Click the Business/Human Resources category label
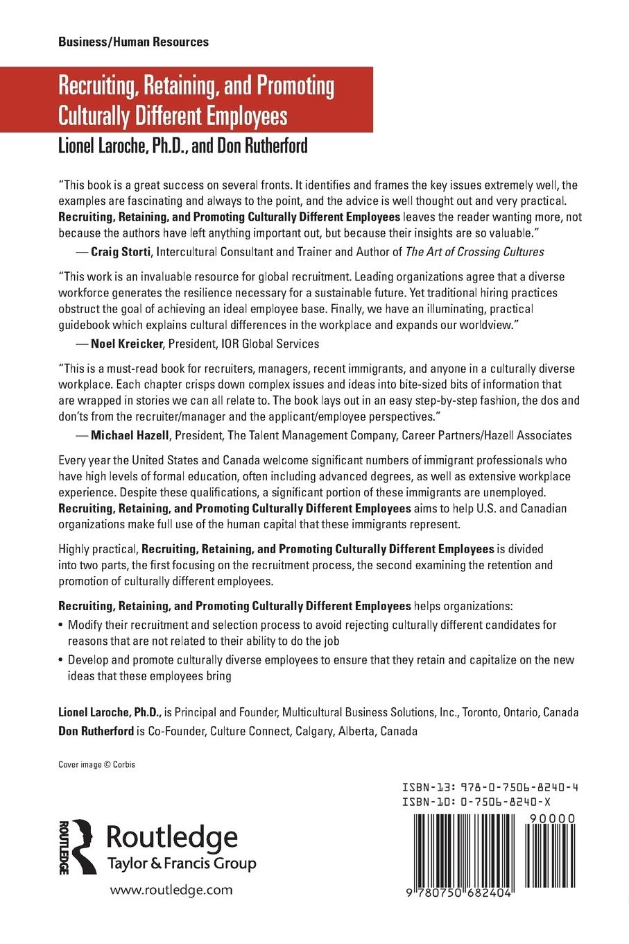(133, 42)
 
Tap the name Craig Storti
(121, 252)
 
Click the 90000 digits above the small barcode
(552, 818)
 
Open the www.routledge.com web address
(171, 890)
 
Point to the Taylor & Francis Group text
(181, 863)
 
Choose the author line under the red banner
(182, 146)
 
